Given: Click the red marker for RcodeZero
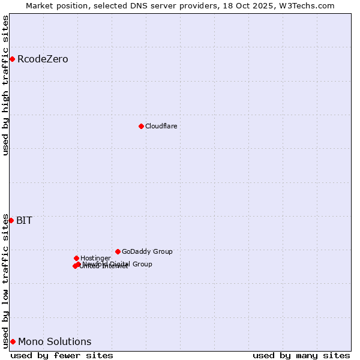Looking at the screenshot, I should coord(12,59).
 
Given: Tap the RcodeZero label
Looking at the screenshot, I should coord(43,59).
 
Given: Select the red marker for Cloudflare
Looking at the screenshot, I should coord(141,126).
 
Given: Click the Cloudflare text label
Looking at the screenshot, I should coord(161,126).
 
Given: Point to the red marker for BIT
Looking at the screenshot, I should coord(11,220).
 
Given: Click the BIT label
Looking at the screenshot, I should coord(24,220).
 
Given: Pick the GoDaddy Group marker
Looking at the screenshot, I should coord(118,251).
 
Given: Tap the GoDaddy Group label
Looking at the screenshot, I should coord(147,252).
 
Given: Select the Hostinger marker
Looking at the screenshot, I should coord(76,258).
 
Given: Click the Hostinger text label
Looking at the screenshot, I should coord(95,258).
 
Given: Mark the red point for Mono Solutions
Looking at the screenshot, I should coord(13,341).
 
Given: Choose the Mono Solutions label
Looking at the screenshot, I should coord(55,341).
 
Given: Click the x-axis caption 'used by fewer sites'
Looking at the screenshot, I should coord(62,355).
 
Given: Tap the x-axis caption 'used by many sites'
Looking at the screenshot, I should coord(301,355).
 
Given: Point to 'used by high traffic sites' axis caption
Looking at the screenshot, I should coord(6,86).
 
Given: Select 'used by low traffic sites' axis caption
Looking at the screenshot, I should coord(6,281).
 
